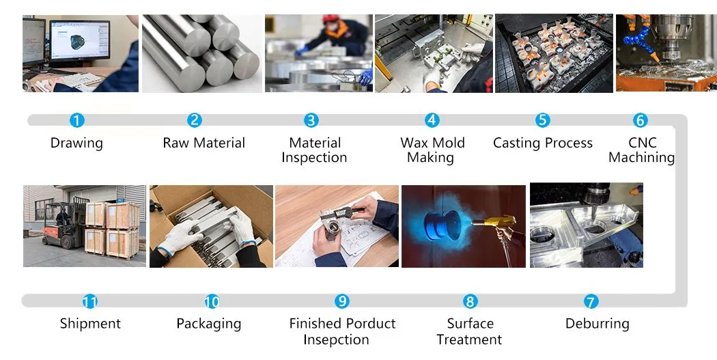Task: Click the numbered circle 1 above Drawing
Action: tap(77, 120)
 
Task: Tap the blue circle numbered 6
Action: tap(640, 120)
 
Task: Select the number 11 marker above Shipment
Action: tap(89, 301)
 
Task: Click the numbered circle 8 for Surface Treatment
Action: tap(470, 301)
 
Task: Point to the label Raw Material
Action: tap(203, 143)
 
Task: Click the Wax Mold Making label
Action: tap(432, 150)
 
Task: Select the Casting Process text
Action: tap(542, 143)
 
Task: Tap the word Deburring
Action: tap(597, 324)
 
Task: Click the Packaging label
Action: tap(208, 324)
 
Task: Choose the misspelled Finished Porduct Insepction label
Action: tap(342, 331)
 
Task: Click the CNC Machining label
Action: tap(641, 150)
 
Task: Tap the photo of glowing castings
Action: tap(554, 53)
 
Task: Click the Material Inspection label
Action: tap(314, 150)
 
